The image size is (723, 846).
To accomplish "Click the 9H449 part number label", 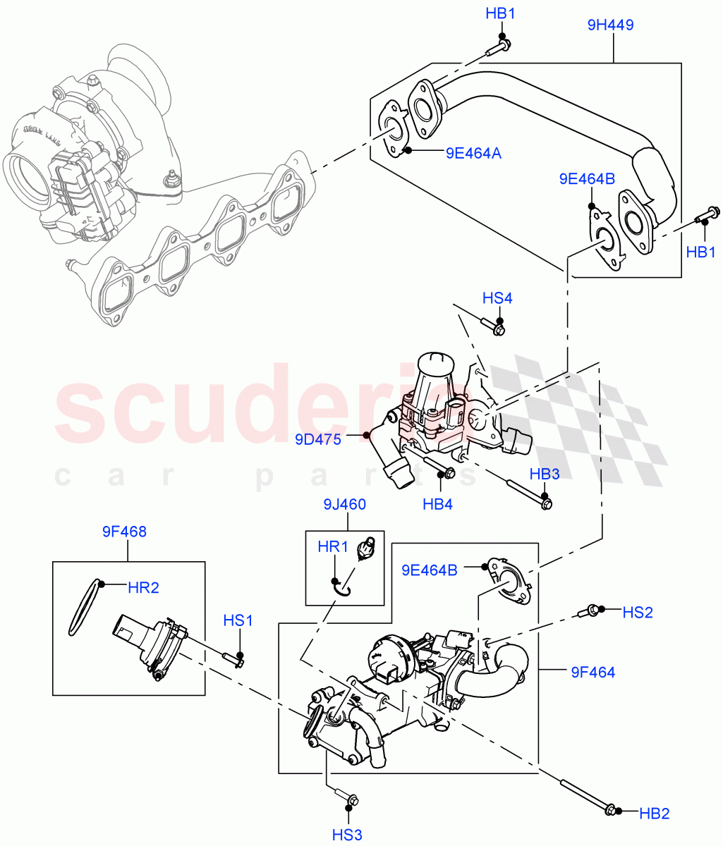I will pos(610,25).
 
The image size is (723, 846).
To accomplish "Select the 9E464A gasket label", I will pos(473,152).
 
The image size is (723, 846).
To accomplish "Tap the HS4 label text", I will pos(497,298).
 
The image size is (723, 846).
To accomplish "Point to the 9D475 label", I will pos(318,440).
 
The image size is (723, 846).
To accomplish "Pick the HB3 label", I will pos(545,474).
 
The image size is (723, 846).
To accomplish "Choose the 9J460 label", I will pos(345,504).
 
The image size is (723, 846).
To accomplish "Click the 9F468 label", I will pos(124,532).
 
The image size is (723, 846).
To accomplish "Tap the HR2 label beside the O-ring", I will pos(143,587).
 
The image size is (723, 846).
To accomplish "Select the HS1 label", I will pos(238,620).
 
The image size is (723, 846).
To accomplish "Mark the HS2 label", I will pos(638,613).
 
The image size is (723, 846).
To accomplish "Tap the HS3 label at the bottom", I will pos(347,835).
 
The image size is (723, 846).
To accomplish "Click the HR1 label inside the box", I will pos(333,546).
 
